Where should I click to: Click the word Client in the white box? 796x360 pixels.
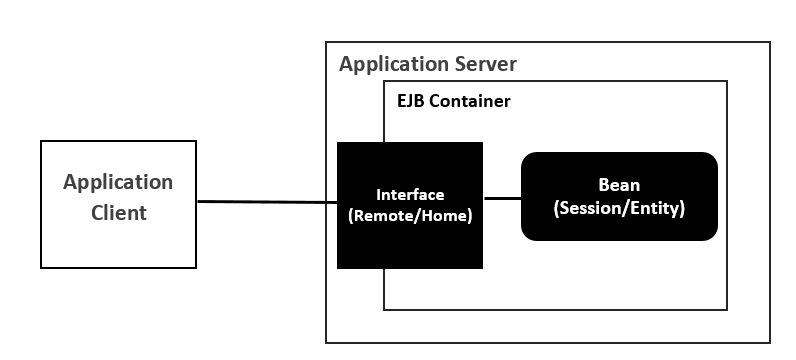tap(118, 213)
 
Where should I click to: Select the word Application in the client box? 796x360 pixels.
tap(118, 182)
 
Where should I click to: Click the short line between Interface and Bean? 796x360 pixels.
tap(502, 198)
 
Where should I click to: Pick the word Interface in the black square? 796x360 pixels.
tap(410, 194)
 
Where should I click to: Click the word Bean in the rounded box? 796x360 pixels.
tap(619, 185)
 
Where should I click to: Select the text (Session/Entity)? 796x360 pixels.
tap(619, 210)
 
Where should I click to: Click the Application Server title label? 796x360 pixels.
tap(428, 65)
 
